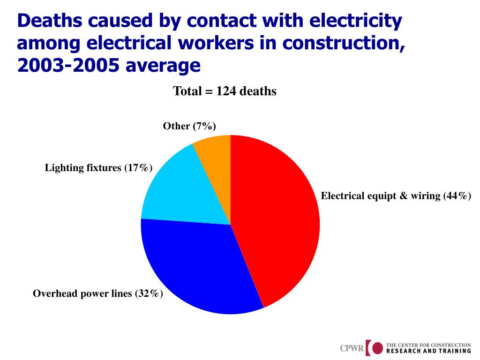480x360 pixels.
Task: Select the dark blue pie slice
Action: coord(197,267)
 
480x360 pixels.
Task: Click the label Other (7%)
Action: coord(189,126)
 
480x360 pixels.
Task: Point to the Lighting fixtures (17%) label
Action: coord(98,167)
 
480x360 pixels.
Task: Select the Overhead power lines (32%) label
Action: coord(98,294)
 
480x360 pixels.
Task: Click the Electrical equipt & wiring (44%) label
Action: coord(396,196)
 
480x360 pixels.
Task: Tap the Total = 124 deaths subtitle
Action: coord(225,91)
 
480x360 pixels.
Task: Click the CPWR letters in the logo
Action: coord(352,349)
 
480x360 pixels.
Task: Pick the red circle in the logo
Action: coord(378,348)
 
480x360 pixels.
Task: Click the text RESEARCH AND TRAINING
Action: coord(428,351)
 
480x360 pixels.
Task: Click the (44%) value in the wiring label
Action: coord(457,196)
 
